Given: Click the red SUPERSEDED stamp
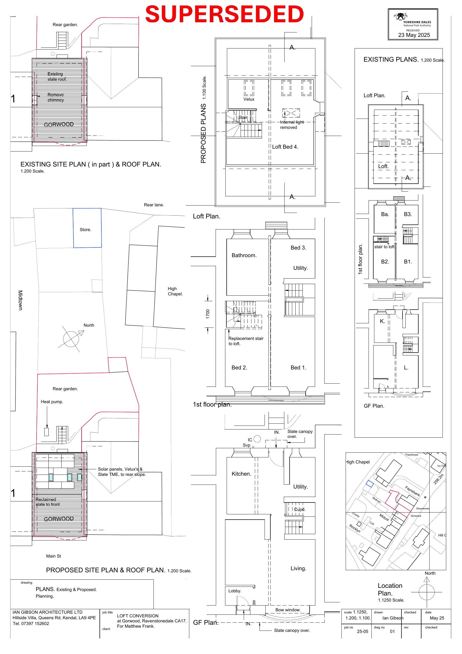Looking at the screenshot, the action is click(x=224, y=14).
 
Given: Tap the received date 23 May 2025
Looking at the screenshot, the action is click(x=414, y=35).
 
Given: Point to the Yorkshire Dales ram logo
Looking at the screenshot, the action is click(x=400, y=17).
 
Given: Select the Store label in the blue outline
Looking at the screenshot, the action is click(x=85, y=230).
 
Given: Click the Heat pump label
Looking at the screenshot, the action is click(x=52, y=402).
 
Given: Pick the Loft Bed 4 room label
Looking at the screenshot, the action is click(x=285, y=147).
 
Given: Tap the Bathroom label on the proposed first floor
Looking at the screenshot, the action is click(x=244, y=255).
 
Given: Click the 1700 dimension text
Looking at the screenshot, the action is click(x=208, y=314).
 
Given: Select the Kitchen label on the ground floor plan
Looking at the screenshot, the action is click(x=241, y=474).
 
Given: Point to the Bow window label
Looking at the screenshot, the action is click(x=288, y=610).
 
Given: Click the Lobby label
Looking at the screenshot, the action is click(x=235, y=591).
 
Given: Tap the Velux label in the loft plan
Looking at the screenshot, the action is click(x=249, y=99).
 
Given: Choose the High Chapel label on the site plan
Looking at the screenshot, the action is click(x=175, y=291).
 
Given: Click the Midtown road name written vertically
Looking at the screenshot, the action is click(x=20, y=300).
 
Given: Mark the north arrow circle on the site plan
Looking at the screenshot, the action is click(x=71, y=339).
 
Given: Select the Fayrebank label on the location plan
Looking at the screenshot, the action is click(x=413, y=491).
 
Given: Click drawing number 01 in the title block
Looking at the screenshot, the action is click(x=392, y=631).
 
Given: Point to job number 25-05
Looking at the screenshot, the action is click(x=362, y=631).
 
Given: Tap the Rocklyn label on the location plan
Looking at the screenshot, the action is click(x=355, y=528).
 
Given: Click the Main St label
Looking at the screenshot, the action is click(x=53, y=556).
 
